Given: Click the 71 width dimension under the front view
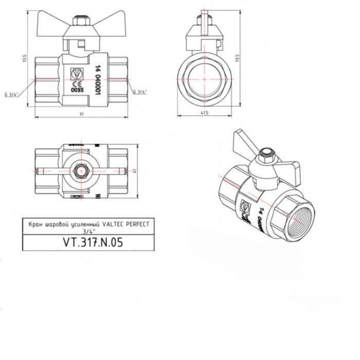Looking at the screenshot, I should pos(81,114).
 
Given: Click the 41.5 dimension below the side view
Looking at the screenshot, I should pos(205,113).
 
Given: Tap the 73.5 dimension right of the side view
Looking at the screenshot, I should pos(237,58).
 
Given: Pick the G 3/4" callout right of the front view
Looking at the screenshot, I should pos(140,92).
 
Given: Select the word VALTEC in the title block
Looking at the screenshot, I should pos(113,225).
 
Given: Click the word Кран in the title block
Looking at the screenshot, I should pos(34,225).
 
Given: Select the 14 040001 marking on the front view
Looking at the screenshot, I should pos(96,80).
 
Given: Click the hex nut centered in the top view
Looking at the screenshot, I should pos(81,172).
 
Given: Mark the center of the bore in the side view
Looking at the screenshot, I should pos(205,79).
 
